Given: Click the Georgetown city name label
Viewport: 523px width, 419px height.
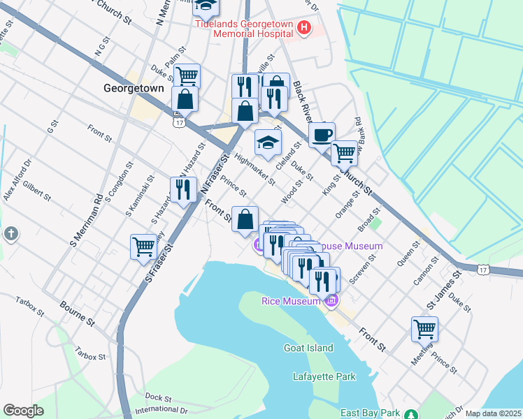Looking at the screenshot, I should [133, 89].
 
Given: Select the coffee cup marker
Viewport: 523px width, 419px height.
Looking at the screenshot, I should [322, 135].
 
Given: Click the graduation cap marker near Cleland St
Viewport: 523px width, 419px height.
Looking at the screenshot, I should [267, 143].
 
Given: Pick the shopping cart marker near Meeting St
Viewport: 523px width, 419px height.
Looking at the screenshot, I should [424, 328].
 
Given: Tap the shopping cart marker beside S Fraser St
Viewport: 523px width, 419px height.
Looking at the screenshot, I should [143, 247].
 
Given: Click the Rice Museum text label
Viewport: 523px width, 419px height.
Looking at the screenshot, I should [290, 301].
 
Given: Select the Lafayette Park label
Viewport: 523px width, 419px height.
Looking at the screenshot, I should [324, 376].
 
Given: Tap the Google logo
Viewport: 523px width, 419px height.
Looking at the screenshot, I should [23, 411].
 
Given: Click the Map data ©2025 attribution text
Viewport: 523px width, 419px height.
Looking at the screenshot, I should [492, 413].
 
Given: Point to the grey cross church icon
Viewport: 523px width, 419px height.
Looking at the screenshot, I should [10, 234].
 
